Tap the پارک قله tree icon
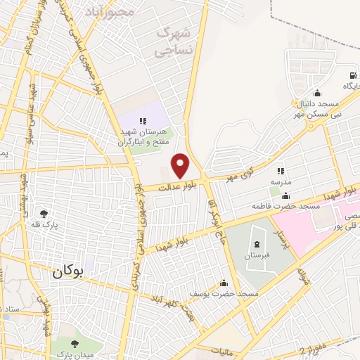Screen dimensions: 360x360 (43, 213)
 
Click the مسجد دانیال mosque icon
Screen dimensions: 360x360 (317, 94)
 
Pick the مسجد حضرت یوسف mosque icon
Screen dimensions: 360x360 (224, 283)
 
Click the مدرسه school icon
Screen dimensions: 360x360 (281, 171)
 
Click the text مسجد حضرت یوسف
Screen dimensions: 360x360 (224, 293)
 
